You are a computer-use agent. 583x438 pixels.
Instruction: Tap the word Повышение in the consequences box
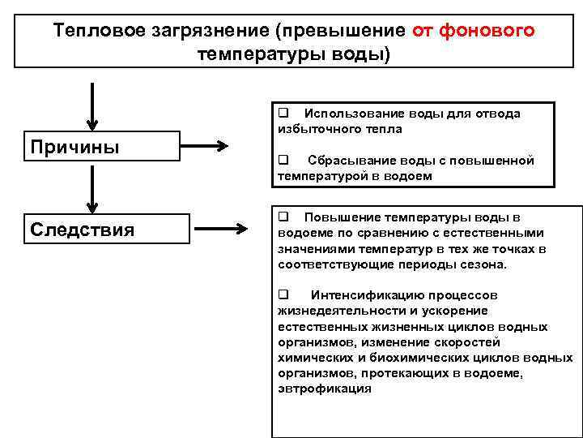(x=338, y=217)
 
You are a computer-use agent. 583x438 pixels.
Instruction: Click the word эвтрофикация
(x=324, y=389)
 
